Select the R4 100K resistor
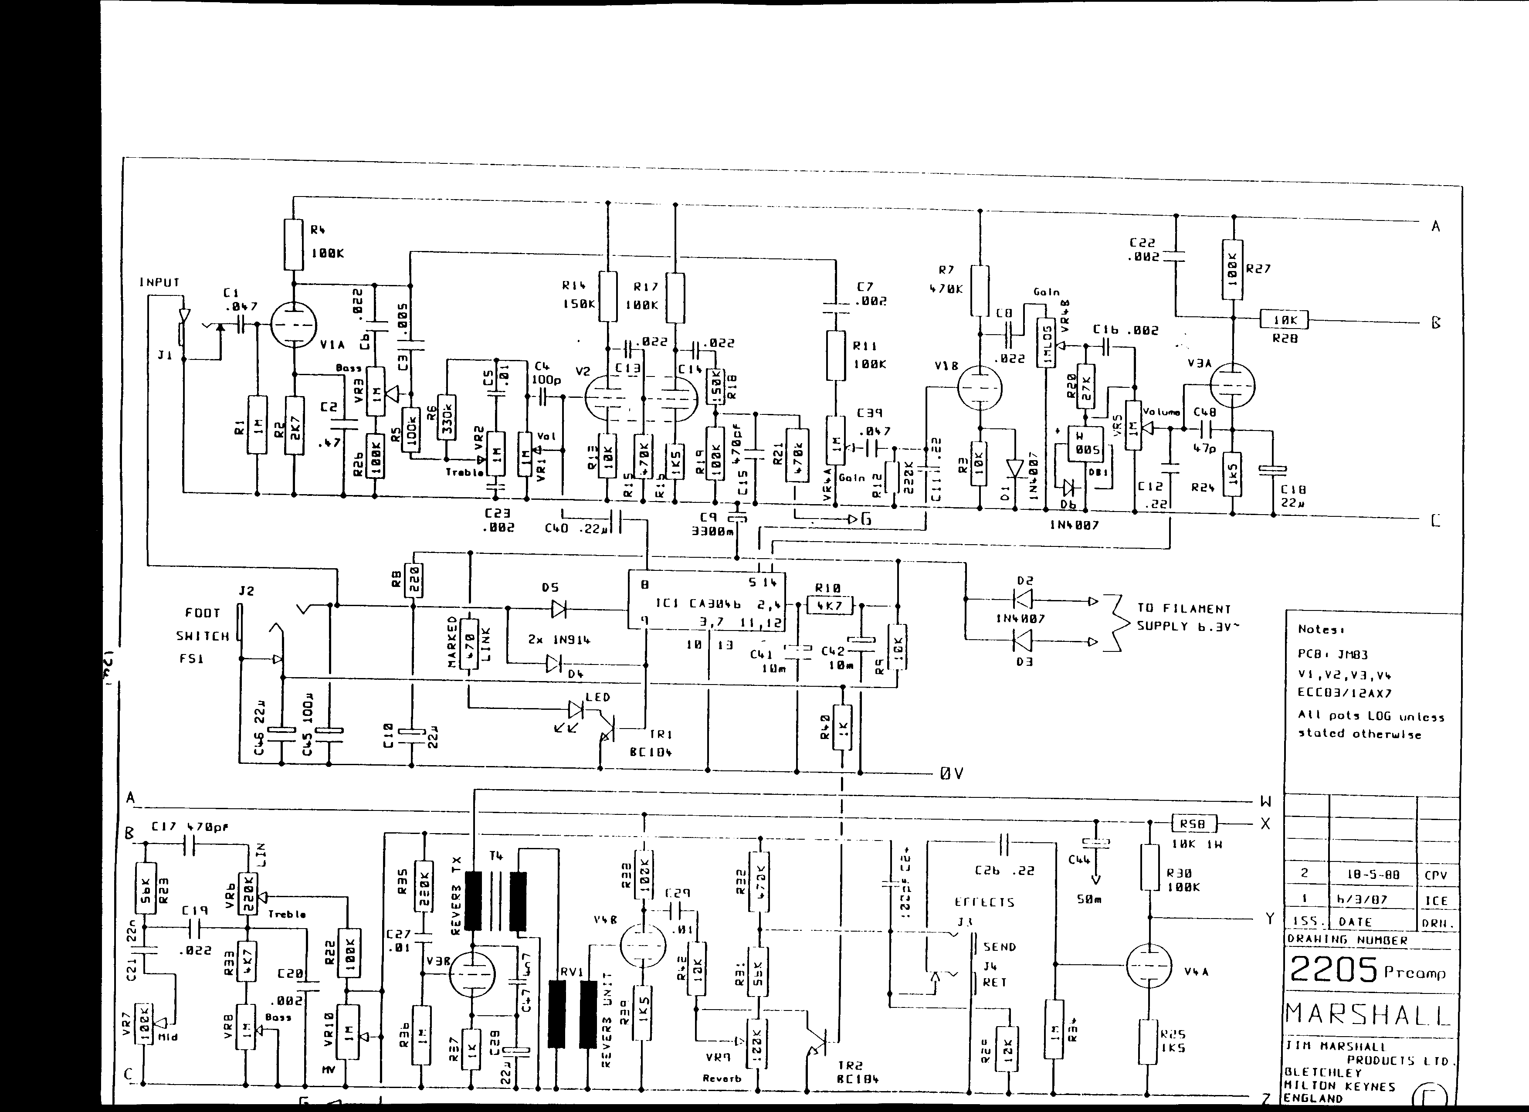[x=294, y=244]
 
